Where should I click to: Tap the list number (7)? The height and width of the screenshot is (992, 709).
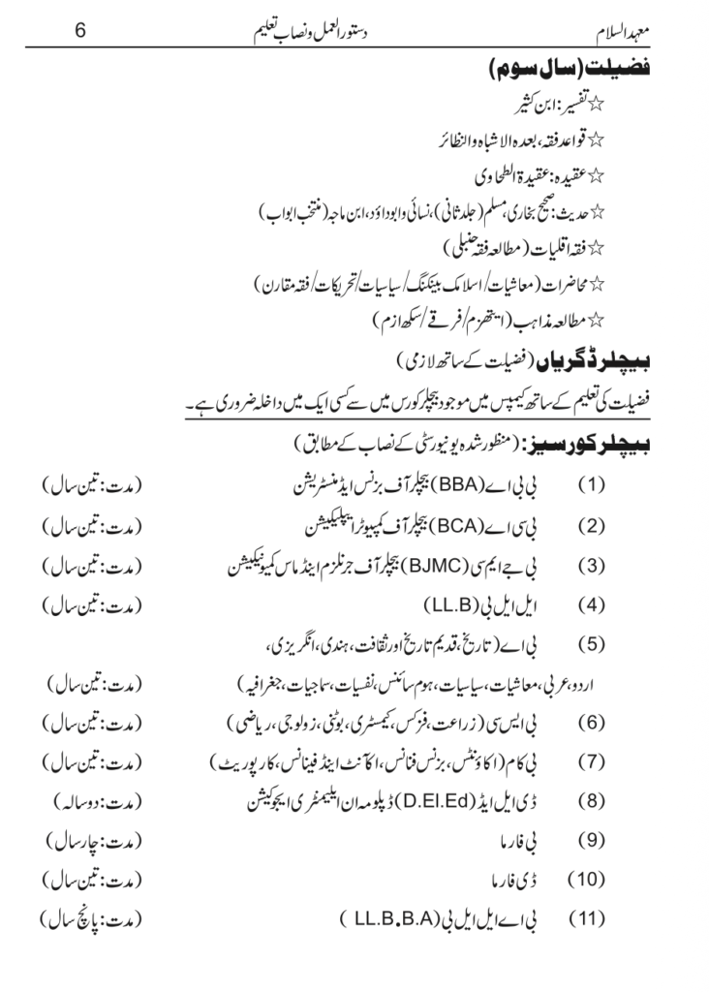coord(592,761)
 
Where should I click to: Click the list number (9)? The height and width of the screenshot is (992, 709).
coord(592,840)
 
